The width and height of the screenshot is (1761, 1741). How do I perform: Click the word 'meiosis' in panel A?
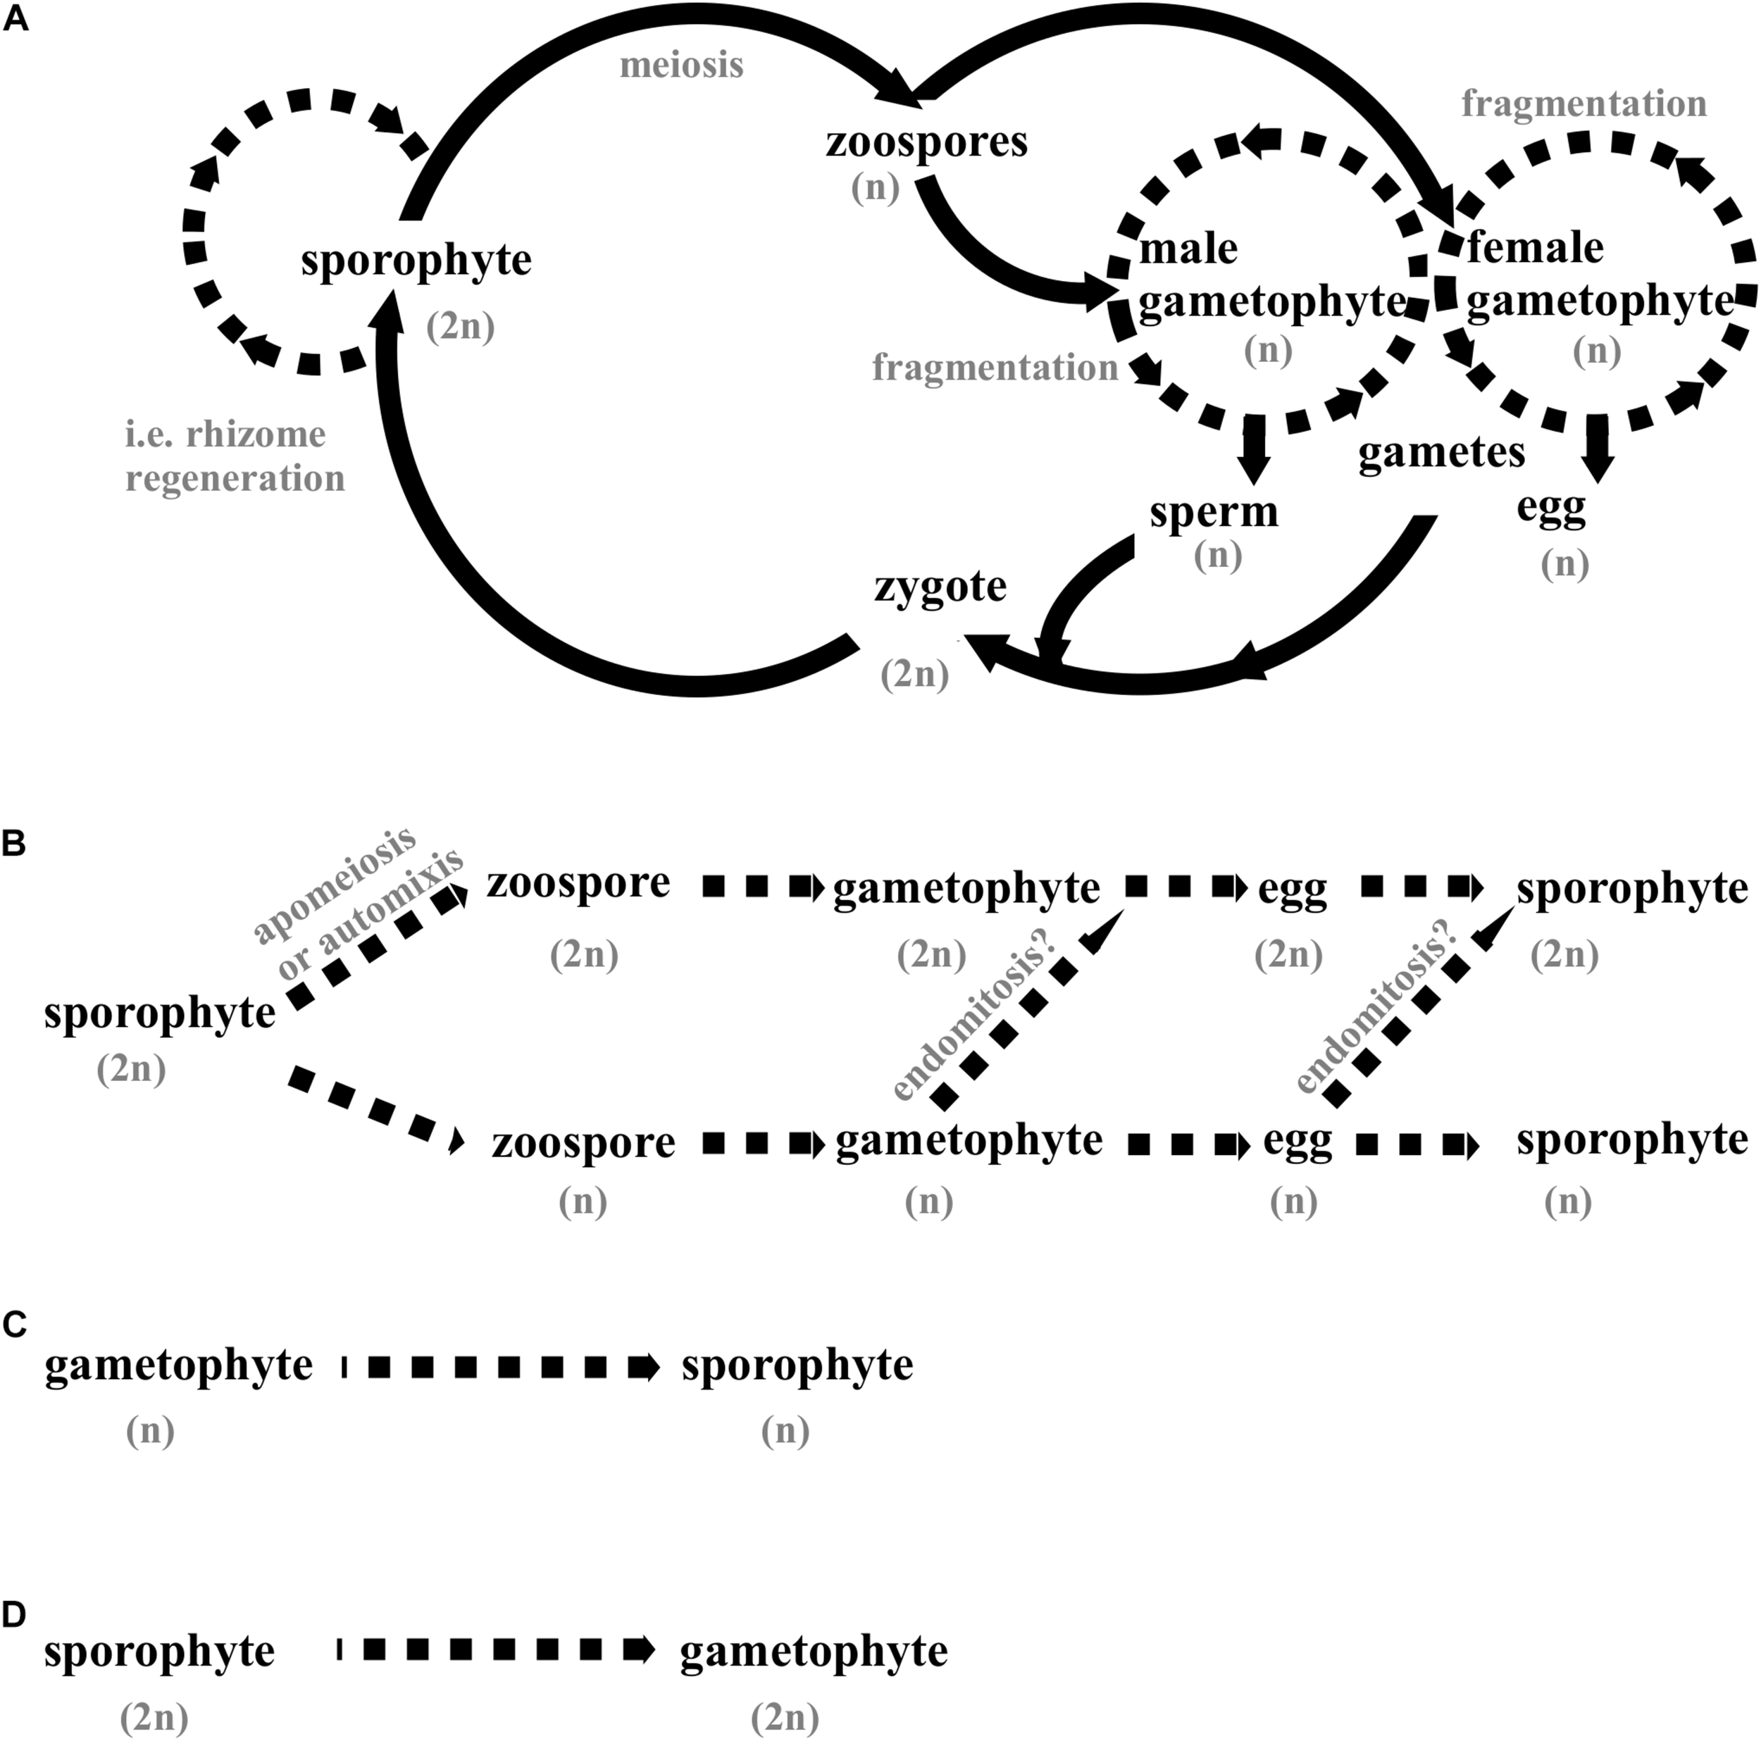pos(681,65)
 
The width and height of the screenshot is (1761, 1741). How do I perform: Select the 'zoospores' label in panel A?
pos(926,142)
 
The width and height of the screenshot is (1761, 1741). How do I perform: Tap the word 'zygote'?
pos(940,586)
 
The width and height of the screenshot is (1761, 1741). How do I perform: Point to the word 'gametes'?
pos(1441,452)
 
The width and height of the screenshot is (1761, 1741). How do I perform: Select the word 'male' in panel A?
pos(1188,248)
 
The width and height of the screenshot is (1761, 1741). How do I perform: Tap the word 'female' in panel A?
pos(1535,247)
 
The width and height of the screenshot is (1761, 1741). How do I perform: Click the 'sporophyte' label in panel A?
pos(416,261)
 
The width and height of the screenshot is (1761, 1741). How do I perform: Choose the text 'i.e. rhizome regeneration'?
pos(235,456)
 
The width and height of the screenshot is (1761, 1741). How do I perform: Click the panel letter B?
pos(15,844)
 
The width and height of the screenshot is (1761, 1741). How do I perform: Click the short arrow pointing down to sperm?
pos(1255,447)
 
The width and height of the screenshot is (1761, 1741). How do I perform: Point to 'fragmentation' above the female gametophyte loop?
pos(1584,104)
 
